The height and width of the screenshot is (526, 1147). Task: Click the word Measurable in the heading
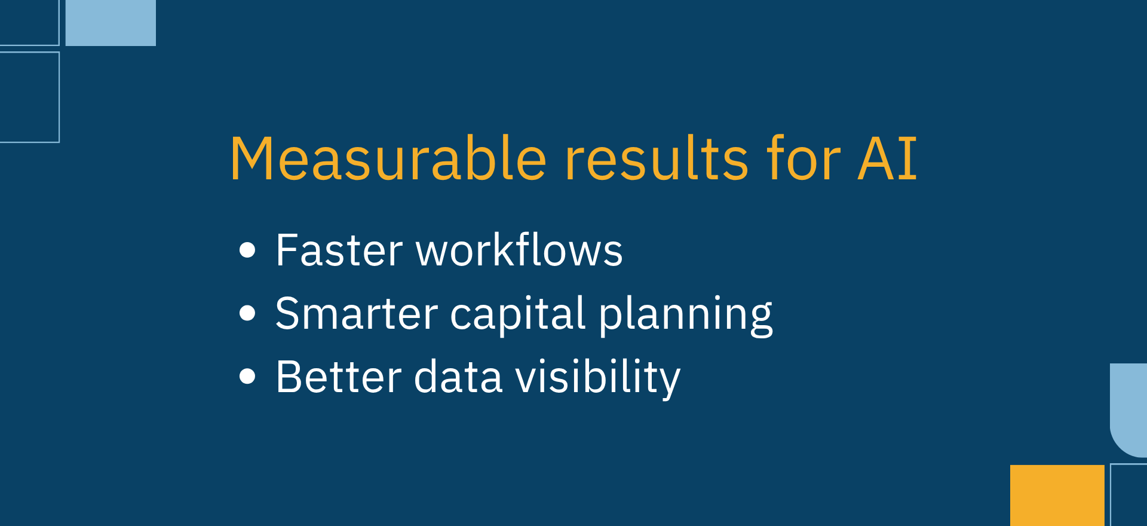pyautogui.click(x=388, y=158)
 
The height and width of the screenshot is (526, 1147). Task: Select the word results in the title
pyautogui.click(x=657, y=158)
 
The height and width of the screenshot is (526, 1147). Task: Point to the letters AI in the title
pyautogui.click(x=887, y=158)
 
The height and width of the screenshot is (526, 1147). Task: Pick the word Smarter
pyautogui.click(x=357, y=313)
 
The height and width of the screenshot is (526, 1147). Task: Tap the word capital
pyautogui.click(x=517, y=314)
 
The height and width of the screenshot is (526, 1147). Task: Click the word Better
pyautogui.click(x=339, y=377)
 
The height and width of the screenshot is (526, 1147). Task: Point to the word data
pyautogui.click(x=458, y=377)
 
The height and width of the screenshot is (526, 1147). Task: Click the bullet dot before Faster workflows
pyautogui.click(x=247, y=250)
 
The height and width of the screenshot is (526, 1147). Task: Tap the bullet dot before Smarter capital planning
pyautogui.click(x=247, y=313)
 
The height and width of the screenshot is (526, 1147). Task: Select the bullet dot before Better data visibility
pyautogui.click(x=247, y=377)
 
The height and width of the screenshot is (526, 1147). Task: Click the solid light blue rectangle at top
pyautogui.click(x=111, y=23)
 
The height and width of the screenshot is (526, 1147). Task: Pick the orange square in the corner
pyautogui.click(x=1057, y=496)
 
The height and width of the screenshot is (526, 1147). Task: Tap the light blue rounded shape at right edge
pyautogui.click(x=1128, y=410)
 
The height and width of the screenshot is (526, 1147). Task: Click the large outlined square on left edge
pyautogui.click(x=59, y=97)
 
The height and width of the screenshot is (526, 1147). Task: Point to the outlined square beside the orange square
pyautogui.click(x=1111, y=495)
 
